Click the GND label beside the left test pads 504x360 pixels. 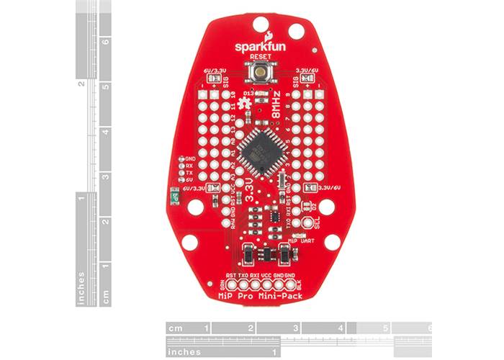point(192,158)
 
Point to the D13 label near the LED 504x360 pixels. point(250,94)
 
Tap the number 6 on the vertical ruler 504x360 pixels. point(106,41)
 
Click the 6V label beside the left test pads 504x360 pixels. point(191,180)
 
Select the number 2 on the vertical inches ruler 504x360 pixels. point(81,84)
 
